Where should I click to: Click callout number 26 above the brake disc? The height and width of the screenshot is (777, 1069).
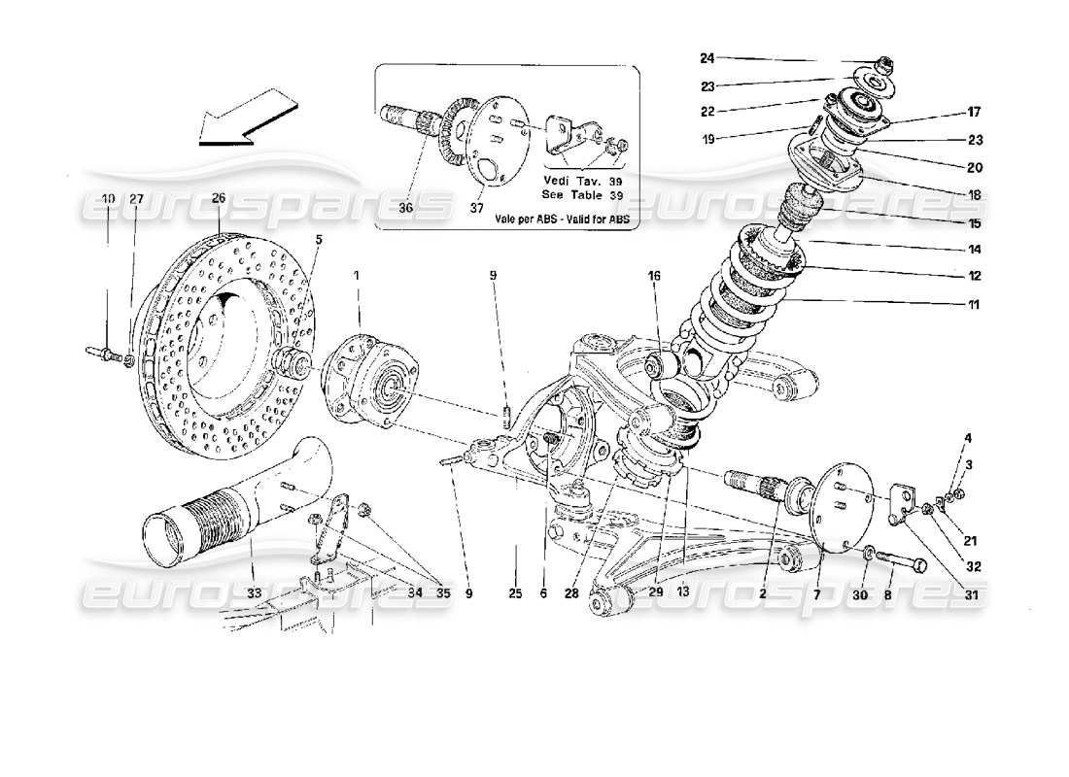click(219, 198)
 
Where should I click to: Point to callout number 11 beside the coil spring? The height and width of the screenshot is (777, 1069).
click(973, 306)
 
